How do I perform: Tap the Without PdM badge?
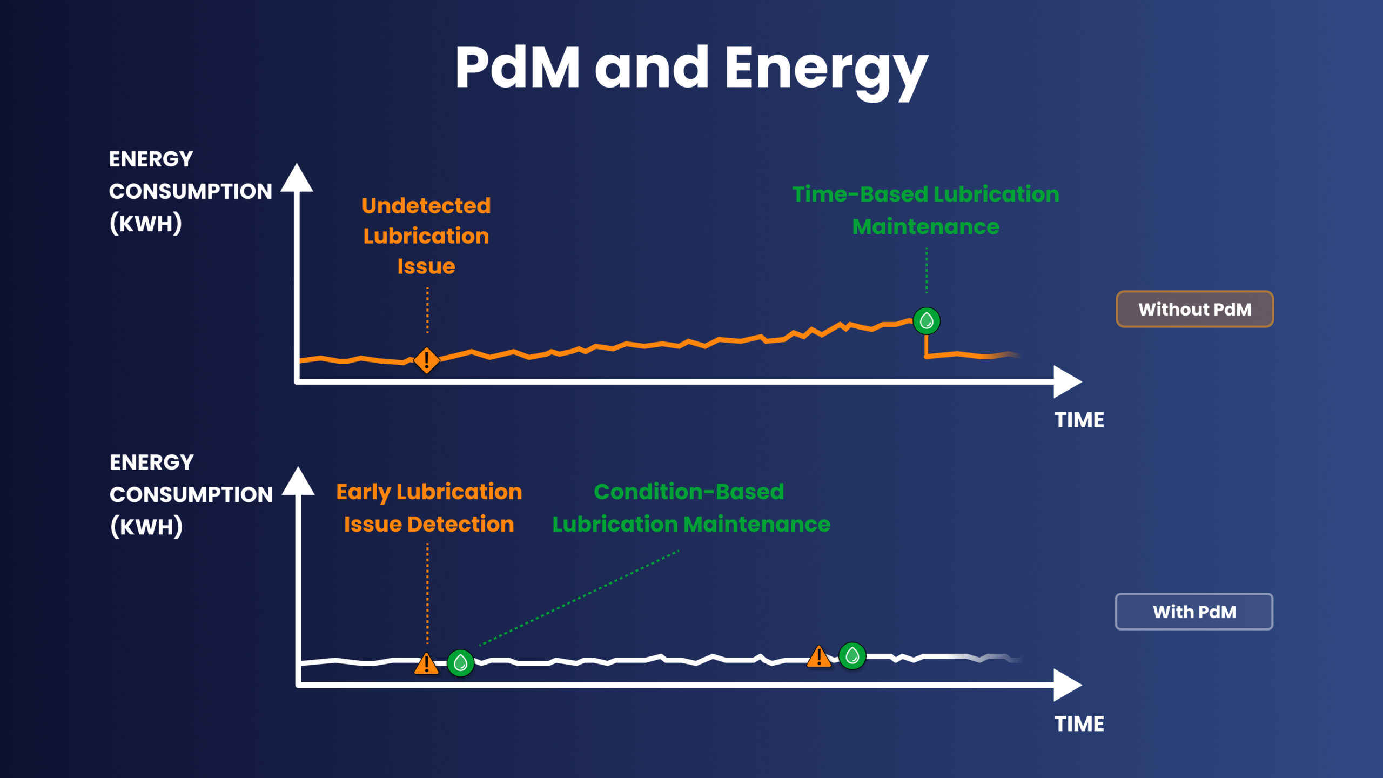coord(1194,309)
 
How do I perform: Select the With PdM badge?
coord(1194,612)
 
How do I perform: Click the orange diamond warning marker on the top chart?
coord(426,360)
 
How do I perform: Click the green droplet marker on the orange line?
coord(927,321)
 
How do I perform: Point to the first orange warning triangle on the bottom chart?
coord(426,664)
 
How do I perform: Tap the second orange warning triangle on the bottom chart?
coord(819,657)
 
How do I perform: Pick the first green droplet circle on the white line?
coord(461,662)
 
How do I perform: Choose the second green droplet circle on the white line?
coord(852,656)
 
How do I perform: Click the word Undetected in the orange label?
coord(426,206)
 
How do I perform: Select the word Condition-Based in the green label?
coord(689,492)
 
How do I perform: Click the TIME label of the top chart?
coord(1079,420)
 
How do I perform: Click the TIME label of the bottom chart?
coord(1079,724)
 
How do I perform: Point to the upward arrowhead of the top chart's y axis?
coord(297,178)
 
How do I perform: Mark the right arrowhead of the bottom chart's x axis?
coord(1066,685)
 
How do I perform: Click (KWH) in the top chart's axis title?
coord(146,224)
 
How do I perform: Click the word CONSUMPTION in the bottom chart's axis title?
coord(191,495)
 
